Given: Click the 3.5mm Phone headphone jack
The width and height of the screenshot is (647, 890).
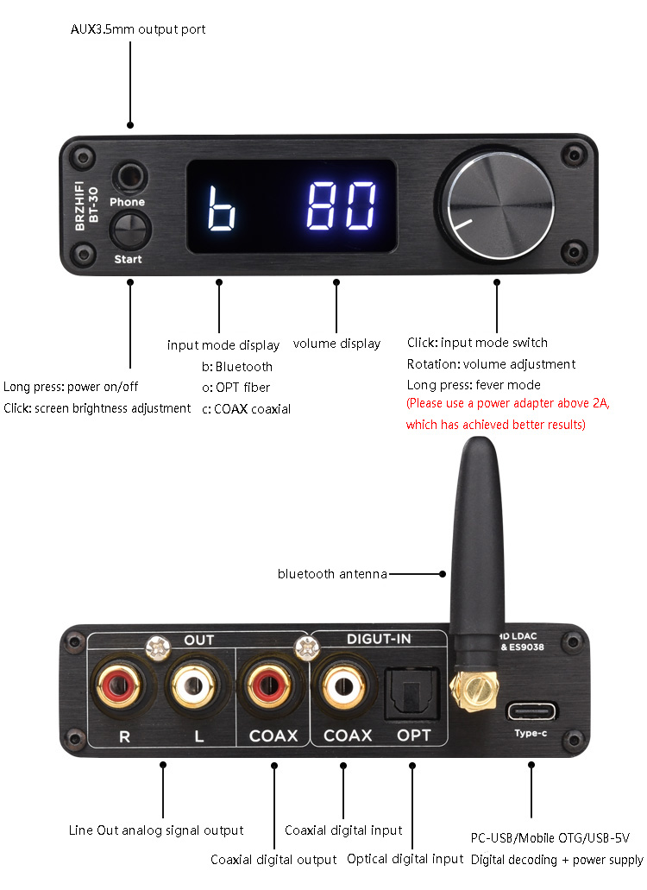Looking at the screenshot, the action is coord(130,177).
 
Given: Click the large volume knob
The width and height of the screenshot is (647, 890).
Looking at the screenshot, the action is coord(494,204).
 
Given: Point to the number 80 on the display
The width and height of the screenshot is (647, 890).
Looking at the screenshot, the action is coord(341,205).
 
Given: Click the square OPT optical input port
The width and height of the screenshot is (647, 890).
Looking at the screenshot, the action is coord(412,693).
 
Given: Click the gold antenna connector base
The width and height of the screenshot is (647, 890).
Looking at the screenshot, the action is coord(473,688).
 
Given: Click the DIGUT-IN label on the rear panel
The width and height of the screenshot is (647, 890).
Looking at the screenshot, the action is coord(379,639).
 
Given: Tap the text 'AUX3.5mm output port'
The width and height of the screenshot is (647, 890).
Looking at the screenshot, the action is coord(138,29).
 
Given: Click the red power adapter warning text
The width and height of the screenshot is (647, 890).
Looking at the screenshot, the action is coord(507,413).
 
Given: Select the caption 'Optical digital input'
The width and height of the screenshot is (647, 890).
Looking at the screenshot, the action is coord(405,859).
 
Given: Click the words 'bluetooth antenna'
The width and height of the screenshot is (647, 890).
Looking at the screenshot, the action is coord(332,574).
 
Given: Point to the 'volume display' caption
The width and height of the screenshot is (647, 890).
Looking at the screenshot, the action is coord(336,344).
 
